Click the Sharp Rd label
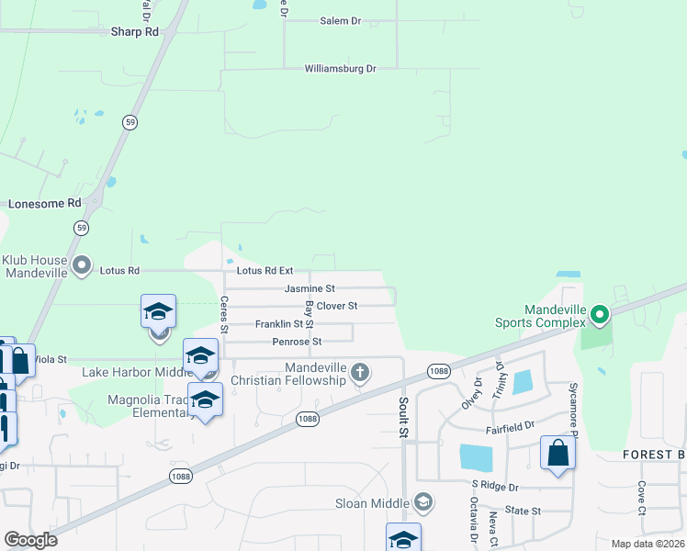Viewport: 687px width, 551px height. [x=135, y=31]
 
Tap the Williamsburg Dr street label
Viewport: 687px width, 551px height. [x=342, y=69]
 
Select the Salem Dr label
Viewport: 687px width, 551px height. [x=342, y=20]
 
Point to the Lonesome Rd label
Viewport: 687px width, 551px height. [x=45, y=203]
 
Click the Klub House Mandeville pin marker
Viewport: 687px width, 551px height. [x=82, y=266]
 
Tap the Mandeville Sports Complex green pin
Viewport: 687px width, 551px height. [x=600, y=316]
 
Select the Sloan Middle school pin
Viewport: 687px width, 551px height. [x=423, y=501]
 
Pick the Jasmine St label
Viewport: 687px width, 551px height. [x=310, y=288]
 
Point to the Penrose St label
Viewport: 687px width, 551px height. [x=297, y=342]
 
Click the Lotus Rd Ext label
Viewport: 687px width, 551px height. [x=265, y=271]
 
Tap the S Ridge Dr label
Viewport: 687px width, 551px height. [x=496, y=485]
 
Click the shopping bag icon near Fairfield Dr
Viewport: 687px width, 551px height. [x=557, y=453]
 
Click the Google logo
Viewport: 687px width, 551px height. [x=30, y=540]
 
